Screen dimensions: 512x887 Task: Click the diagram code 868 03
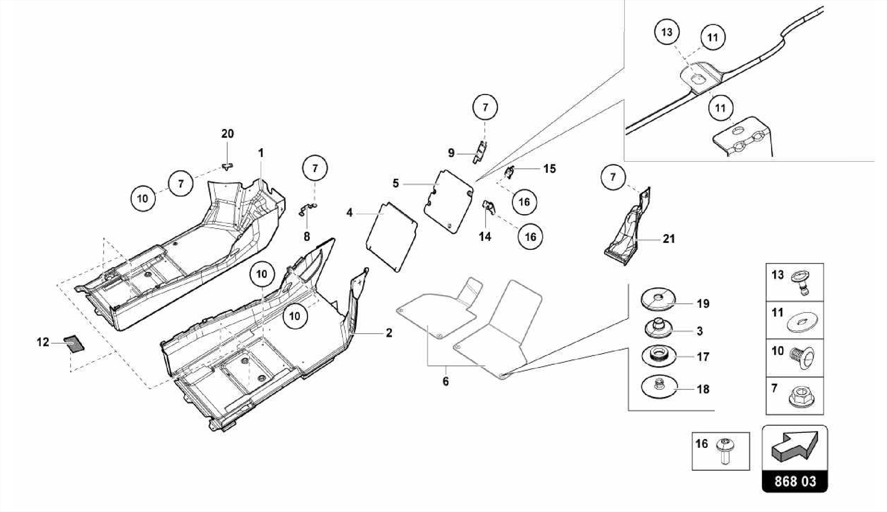point(795,481)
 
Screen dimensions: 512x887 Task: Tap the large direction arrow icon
point(795,446)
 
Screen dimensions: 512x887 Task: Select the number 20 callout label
point(227,134)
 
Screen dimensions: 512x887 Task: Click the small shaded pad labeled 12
point(74,344)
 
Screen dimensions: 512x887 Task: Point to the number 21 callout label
point(669,238)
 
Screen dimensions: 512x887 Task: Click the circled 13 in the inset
point(667,32)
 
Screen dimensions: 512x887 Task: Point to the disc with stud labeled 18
point(659,386)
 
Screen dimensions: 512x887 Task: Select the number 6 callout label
point(446,382)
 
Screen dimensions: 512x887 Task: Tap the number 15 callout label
point(549,169)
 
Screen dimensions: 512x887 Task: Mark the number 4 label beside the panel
point(350,213)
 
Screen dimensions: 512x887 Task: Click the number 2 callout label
point(389,333)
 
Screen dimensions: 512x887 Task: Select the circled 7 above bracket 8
point(315,168)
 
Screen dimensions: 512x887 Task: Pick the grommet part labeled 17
point(659,355)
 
